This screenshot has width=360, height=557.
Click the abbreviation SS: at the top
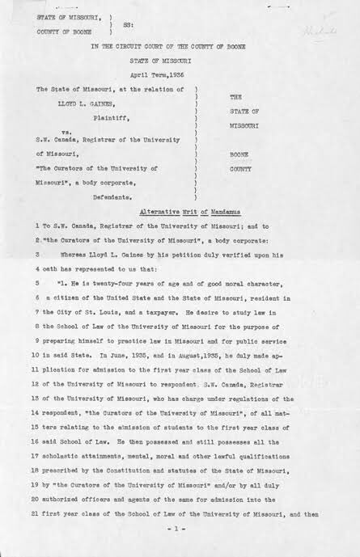pos(128,25)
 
